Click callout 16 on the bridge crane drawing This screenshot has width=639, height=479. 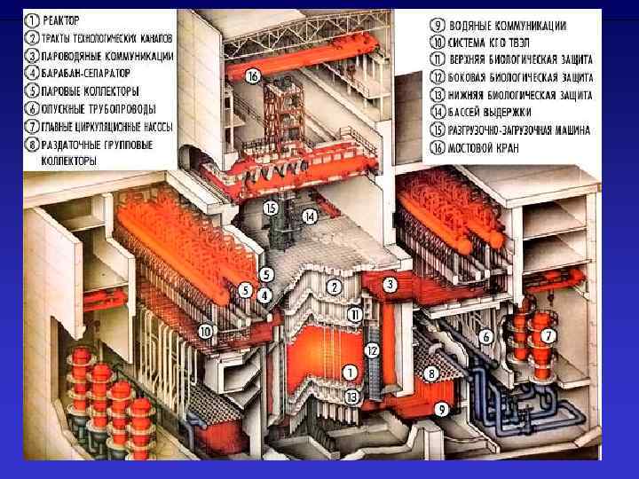(x=254, y=77)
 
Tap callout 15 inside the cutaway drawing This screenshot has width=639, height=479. (x=271, y=208)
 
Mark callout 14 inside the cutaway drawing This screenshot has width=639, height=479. (x=309, y=216)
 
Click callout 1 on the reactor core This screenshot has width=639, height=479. (x=351, y=372)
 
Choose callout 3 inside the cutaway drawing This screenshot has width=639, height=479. (x=390, y=285)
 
